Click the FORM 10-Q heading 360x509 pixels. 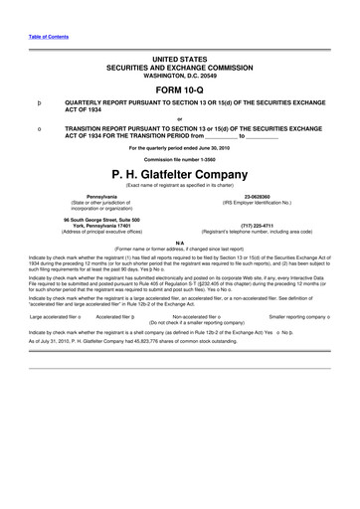tap(180, 85)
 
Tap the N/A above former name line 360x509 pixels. tap(180, 242)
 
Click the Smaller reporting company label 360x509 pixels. tap(298, 317)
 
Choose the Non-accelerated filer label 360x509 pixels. tap(203, 317)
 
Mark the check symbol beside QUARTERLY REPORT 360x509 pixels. tap(39, 101)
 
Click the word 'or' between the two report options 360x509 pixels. tap(180, 117)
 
